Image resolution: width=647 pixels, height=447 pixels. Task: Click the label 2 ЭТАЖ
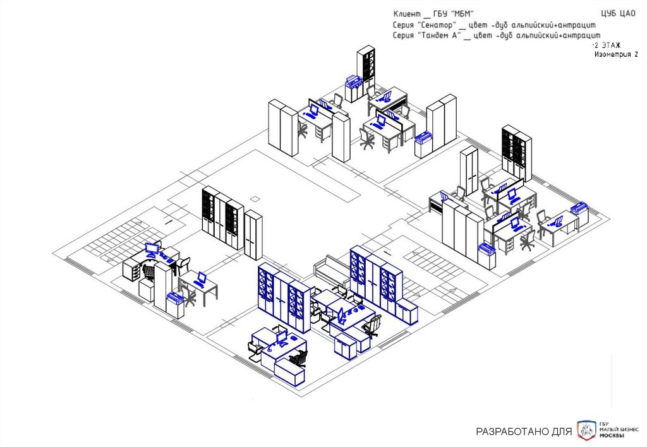[x=607, y=46]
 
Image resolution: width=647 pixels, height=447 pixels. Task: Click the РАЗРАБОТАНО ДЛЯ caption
[x=524, y=432]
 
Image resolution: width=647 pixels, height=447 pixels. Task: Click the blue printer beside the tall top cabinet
[x=353, y=81]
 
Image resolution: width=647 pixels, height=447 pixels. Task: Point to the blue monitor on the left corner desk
[x=152, y=248]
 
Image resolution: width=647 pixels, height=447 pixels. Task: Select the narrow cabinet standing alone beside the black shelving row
[x=253, y=235]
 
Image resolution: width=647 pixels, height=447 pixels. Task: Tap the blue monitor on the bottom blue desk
[x=282, y=337]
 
